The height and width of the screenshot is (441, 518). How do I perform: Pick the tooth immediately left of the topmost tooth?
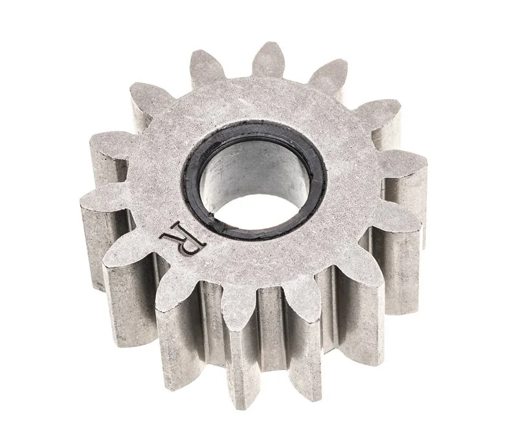point(205,66)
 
